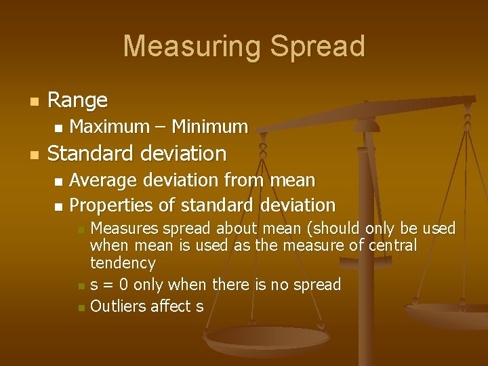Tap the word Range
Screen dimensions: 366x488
pyautogui.click(x=78, y=100)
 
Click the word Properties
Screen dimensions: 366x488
pyautogui.click(x=112, y=205)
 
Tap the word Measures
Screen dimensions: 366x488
pyautogui.click(x=123, y=228)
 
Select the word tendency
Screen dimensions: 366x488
pyautogui.click(x=123, y=262)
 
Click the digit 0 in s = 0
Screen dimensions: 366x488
pyautogui.click(x=123, y=285)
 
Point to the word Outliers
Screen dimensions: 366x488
pyautogui.click(x=117, y=306)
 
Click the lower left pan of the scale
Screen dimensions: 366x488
pyautogui.click(x=268, y=339)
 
